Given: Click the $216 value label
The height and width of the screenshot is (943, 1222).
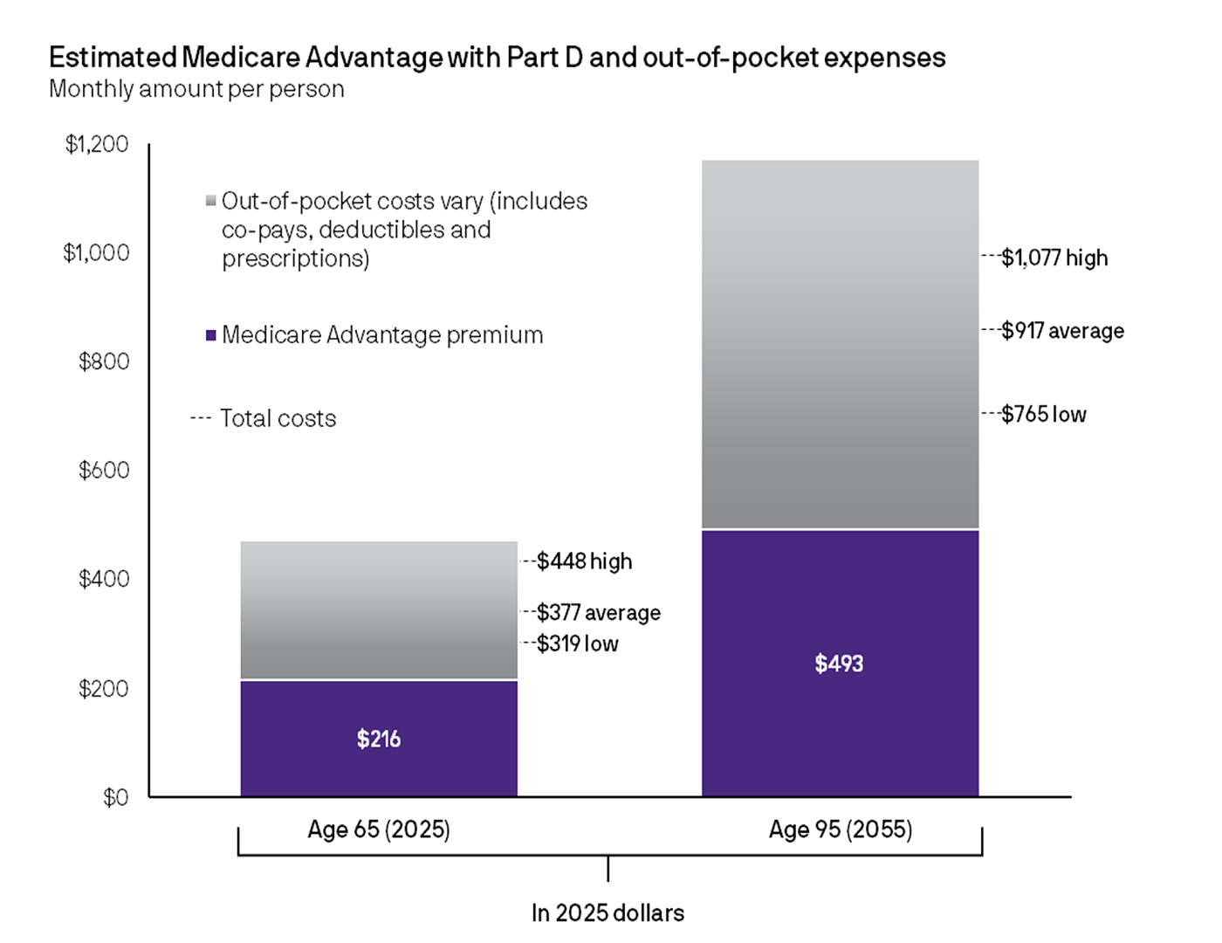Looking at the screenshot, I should tap(379, 740).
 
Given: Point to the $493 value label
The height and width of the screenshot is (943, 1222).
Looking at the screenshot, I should tap(839, 664).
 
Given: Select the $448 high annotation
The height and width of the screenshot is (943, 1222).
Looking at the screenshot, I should tap(584, 561).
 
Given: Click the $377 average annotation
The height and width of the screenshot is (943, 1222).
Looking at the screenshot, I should tap(598, 613).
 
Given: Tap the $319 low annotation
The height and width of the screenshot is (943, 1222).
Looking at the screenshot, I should tap(577, 644).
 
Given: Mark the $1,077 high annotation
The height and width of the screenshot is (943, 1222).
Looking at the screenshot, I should tap(1054, 258).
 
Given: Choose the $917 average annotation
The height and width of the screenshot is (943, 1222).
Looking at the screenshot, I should tap(1062, 331).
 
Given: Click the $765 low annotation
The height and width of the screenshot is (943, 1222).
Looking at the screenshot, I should tap(1043, 414).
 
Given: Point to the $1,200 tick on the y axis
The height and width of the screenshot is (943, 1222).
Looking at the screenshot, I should tap(97, 144).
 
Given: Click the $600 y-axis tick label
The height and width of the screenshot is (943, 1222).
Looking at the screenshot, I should tap(104, 471).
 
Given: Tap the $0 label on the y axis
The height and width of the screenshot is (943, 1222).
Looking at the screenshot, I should tap(115, 797).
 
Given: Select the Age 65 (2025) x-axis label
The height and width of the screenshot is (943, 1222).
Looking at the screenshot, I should tap(379, 829).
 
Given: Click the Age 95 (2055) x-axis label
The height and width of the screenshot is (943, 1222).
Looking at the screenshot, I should tap(840, 829).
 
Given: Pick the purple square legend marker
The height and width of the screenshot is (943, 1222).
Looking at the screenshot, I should tap(210, 335).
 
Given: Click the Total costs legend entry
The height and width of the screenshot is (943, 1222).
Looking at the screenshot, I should tap(277, 418).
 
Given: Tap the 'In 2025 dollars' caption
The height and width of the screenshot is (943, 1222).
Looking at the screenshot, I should tap(608, 913).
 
